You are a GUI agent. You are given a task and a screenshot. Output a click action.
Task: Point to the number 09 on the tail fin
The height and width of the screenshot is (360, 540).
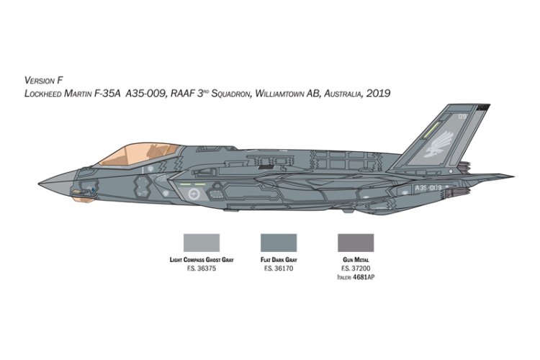tap(481, 114)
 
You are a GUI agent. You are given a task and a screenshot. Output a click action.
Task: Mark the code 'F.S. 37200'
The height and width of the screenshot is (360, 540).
tap(351, 269)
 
